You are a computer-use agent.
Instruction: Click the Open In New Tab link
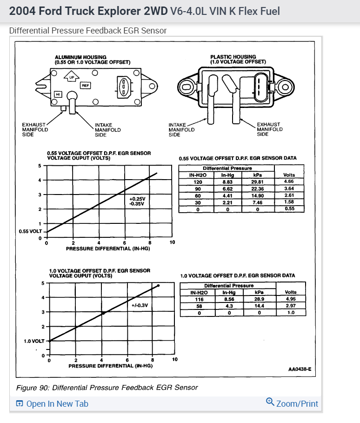(52, 403)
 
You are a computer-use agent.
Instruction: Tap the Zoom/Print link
(292, 403)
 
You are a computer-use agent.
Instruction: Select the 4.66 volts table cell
(289, 181)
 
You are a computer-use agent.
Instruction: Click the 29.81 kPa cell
(257, 181)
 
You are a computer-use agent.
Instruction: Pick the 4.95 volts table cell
(290, 299)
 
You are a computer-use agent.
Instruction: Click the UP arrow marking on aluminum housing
(71, 77)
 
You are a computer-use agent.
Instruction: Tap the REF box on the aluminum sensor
(86, 85)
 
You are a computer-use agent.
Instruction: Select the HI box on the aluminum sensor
(58, 94)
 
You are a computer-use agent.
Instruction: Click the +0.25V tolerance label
(136, 199)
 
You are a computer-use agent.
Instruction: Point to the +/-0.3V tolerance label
(140, 305)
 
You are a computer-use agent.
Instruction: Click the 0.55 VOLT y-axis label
(31, 231)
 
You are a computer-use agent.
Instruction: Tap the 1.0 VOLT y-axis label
(34, 341)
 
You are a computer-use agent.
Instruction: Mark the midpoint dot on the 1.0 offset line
(103, 313)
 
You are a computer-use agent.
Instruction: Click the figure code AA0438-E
(300, 369)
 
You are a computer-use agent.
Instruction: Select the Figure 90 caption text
(107, 387)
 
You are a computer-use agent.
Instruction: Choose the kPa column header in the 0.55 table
(257, 175)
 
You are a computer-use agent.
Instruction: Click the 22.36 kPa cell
(257, 188)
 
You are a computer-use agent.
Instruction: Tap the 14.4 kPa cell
(259, 306)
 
